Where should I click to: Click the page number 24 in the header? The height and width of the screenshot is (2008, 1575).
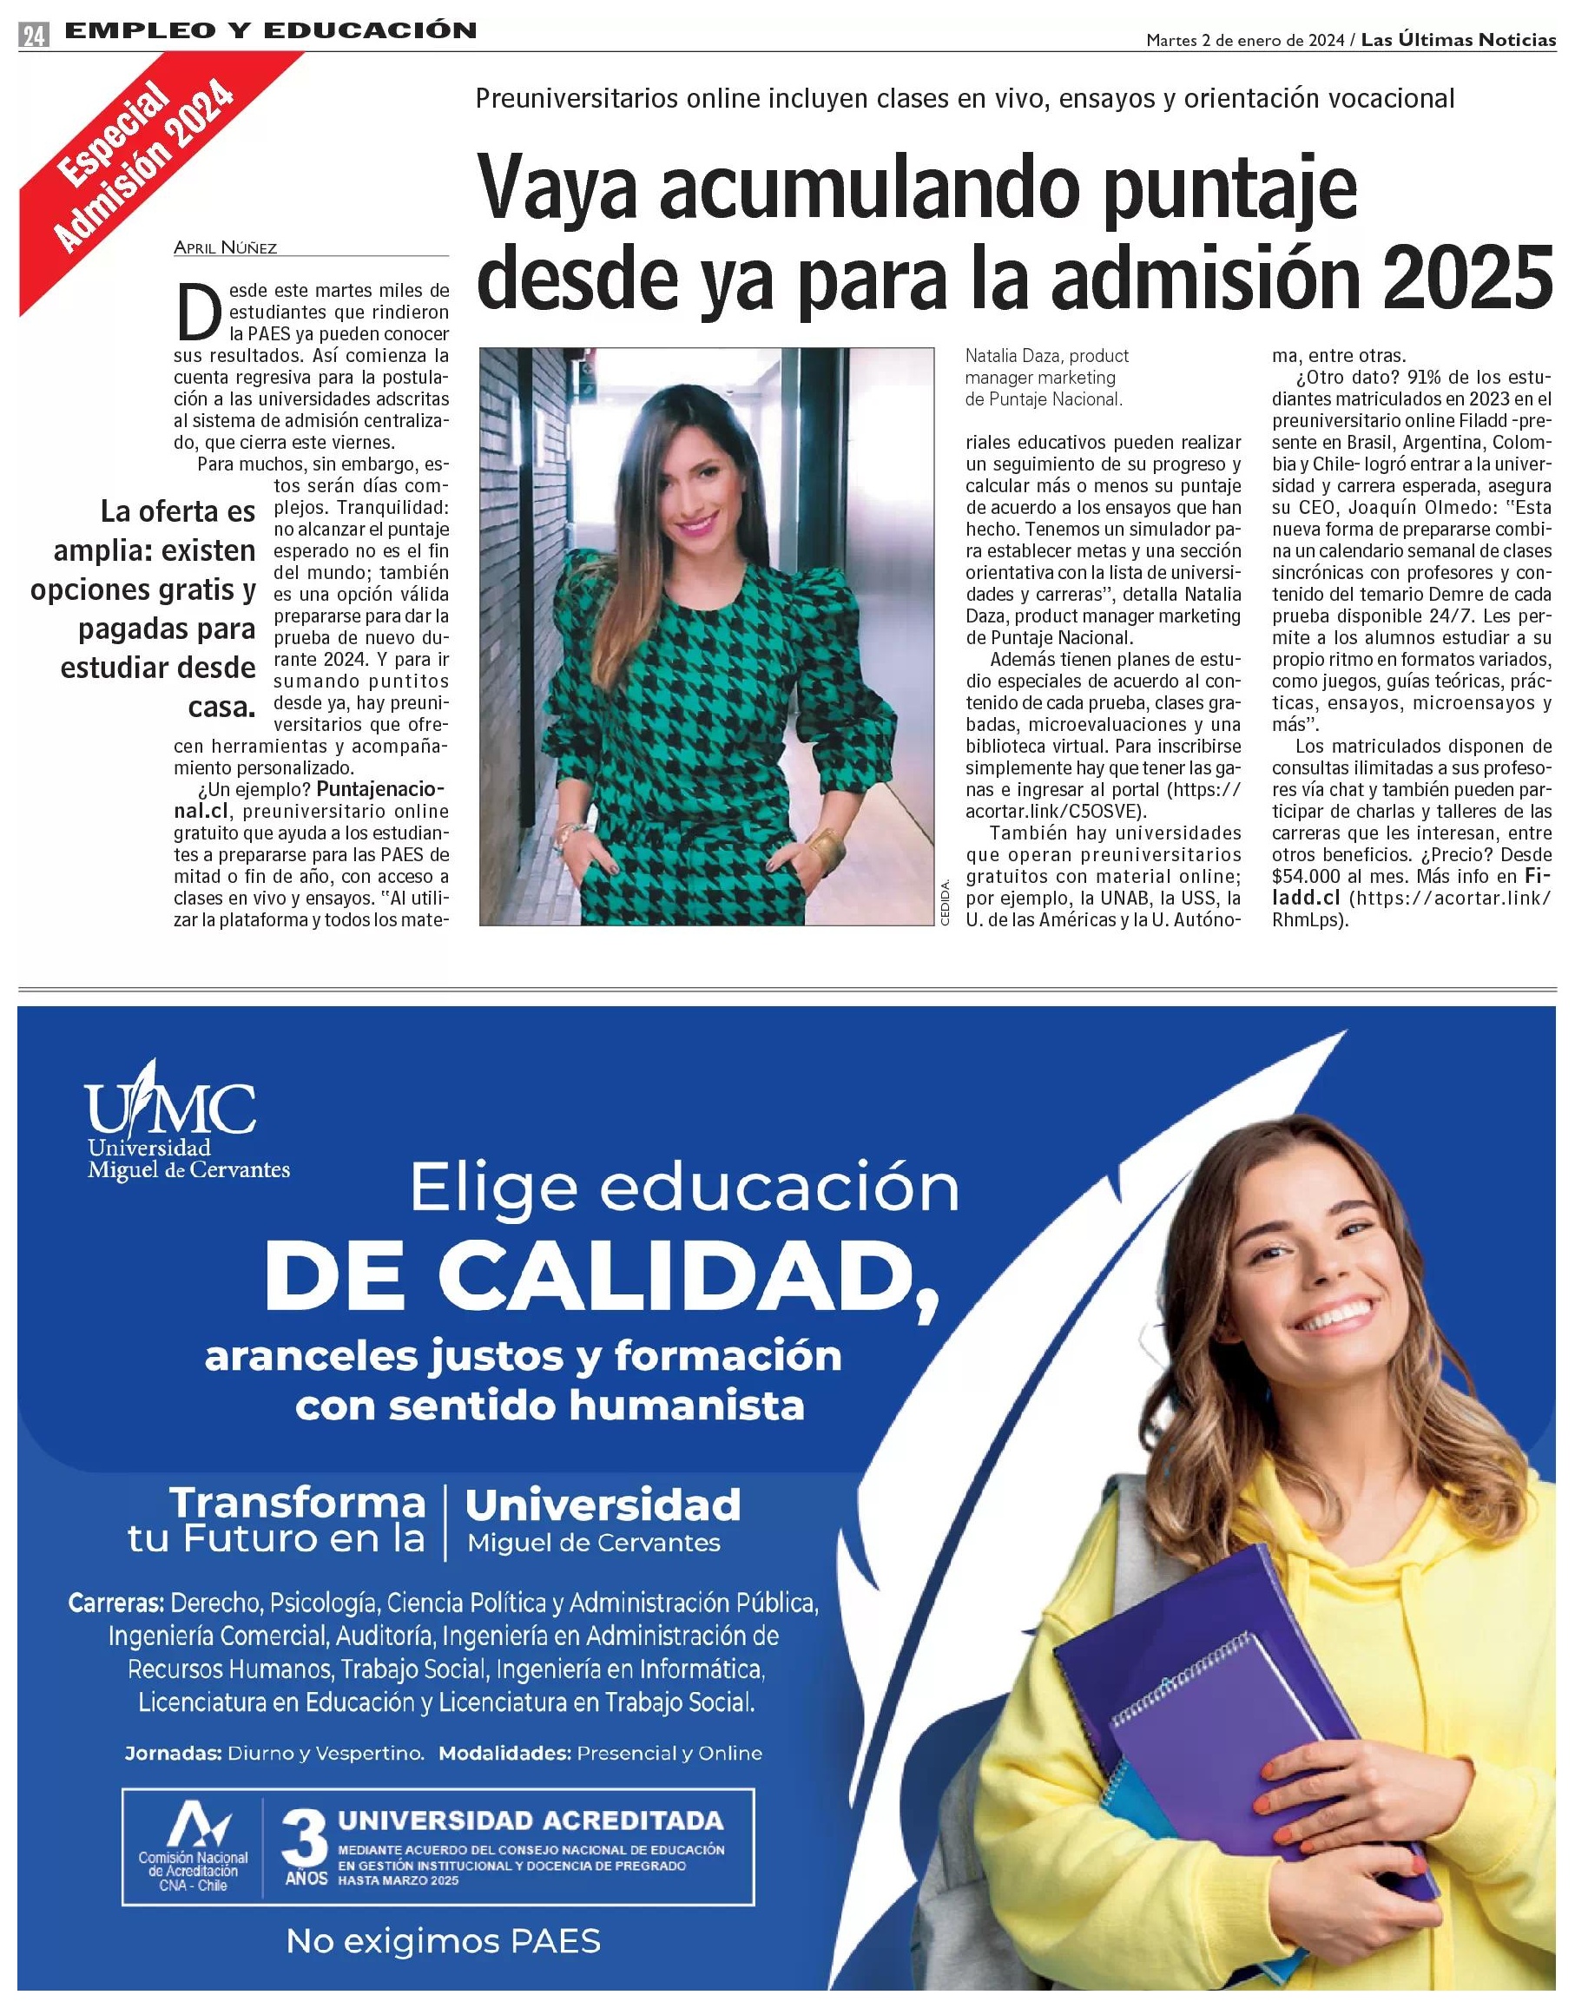pos(35,36)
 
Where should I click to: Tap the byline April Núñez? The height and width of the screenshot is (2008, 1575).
pos(225,247)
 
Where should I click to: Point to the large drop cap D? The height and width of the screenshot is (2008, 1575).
pos(197,312)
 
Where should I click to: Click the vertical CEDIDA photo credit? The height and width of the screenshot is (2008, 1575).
pos(945,908)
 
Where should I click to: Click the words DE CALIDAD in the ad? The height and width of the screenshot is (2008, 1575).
pos(600,1275)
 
